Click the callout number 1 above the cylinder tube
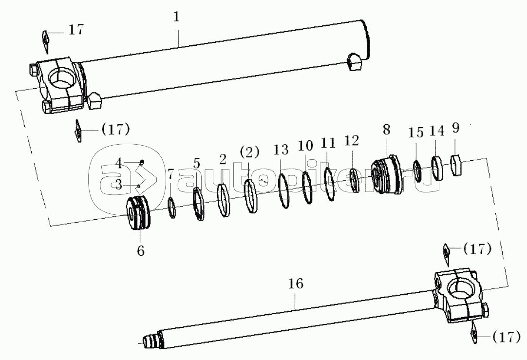coord(176,17)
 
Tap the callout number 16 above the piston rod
coord(296,284)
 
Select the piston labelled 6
coord(139,213)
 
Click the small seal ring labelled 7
coord(172,208)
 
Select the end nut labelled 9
coord(456,165)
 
